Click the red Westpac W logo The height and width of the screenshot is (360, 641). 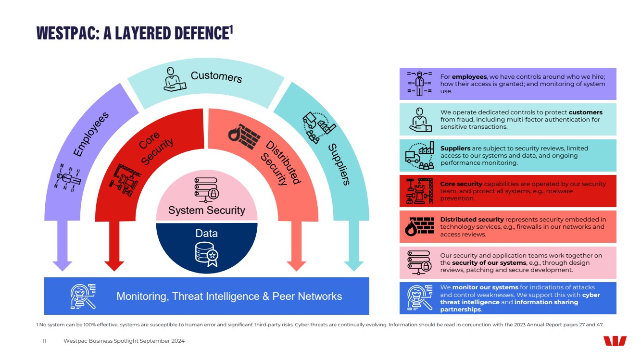click(x=615, y=341)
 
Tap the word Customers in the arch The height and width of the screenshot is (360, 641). click(x=216, y=76)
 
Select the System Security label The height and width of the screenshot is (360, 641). click(x=206, y=211)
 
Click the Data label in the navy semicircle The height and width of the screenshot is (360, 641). click(x=206, y=234)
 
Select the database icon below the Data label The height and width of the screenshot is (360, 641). click(x=207, y=254)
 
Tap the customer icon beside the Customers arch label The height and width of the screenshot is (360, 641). click(x=174, y=79)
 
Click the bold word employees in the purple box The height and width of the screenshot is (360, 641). click(x=469, y=77)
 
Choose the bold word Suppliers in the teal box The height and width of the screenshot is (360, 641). click(x=455, y=149)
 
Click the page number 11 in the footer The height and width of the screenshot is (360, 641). click(x=44, y=341)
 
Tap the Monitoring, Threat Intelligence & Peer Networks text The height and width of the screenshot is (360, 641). click(x=229, y=296)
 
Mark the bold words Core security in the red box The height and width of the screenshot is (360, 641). click(x=461, y=184)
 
